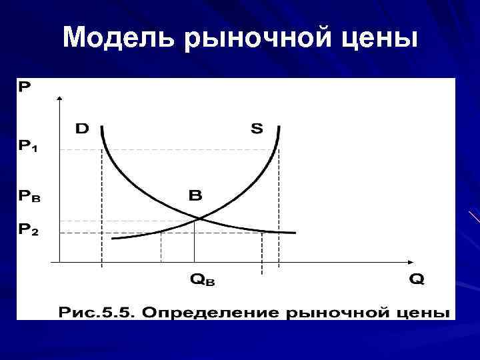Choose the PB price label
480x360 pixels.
[x=29, y=197]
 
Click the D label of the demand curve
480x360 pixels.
[x=81, y=128]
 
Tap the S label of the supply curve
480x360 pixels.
[x=256, y=128]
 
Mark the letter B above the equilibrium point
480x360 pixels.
[x=195, y=196]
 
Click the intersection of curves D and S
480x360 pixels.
[x=197, y=217]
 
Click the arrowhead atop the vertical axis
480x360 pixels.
[x=61, y=99]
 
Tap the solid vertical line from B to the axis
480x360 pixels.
[x=194, y=240]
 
